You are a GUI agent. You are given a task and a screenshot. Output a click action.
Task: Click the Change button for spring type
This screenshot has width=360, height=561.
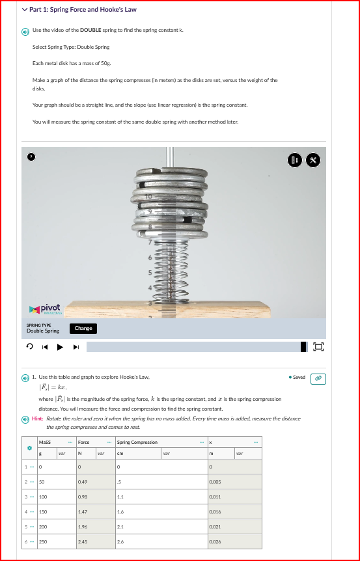(83, 328)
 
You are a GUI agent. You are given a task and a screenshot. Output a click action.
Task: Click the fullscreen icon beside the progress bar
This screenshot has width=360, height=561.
(319, 346)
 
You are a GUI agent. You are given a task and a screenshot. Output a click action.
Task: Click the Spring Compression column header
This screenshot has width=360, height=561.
(137, 442)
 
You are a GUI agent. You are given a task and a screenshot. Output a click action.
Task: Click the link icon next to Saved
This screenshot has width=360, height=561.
(318, 377)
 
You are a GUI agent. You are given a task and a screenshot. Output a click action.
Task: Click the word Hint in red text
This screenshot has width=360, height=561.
(38, 418)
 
